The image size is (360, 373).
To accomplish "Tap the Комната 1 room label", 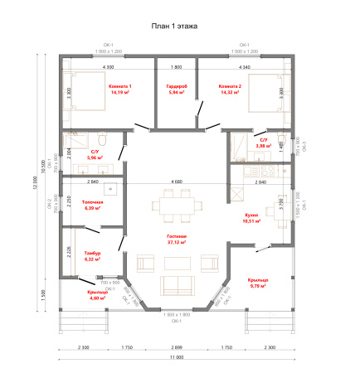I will coord(120,85).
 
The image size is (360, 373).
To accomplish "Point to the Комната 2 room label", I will coord(230,85).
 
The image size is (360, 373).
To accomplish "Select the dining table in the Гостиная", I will coord(176,203).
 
